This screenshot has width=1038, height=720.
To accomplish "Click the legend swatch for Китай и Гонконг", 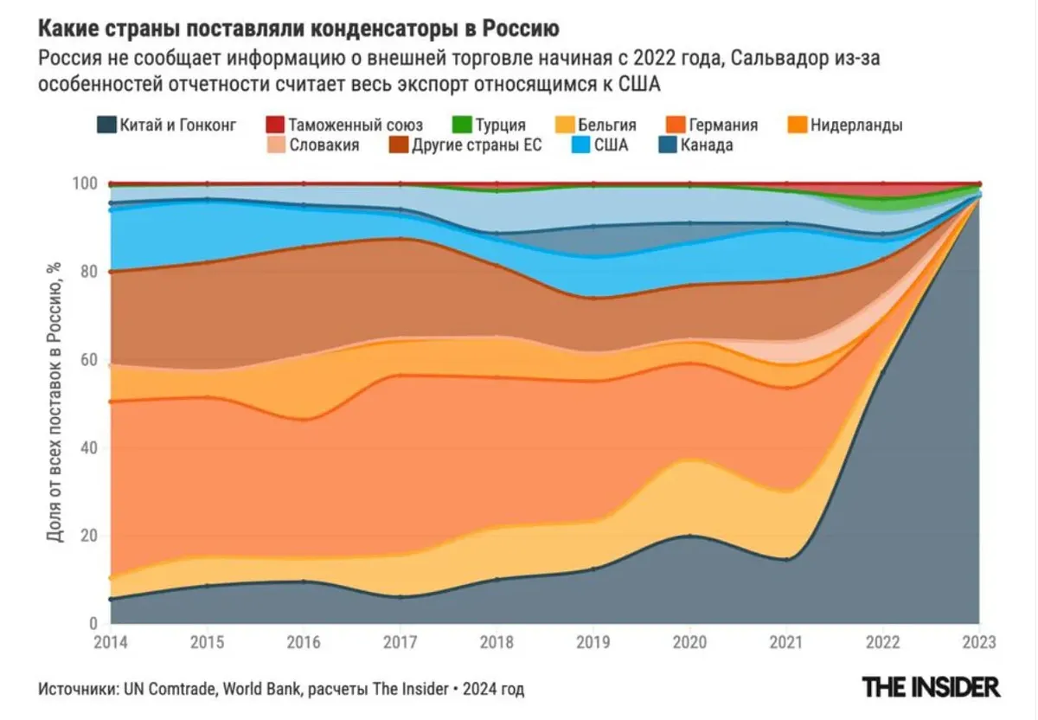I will point(106,125).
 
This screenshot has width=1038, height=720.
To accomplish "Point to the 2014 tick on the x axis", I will point(111,644).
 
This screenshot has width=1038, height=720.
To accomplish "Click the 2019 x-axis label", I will point(593,644).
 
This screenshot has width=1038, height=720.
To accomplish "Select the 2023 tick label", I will point(978,644).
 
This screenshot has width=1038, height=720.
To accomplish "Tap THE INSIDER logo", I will point(931,687).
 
